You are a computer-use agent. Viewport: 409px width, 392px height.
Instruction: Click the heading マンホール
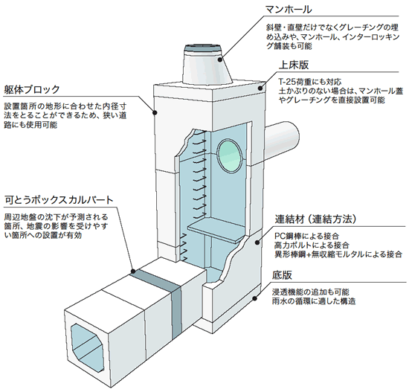click(x=288, y=10)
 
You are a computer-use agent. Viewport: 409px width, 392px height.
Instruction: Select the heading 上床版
click(x=294, y=65)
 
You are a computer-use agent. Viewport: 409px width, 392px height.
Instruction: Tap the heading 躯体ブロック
click(x=32, y=90)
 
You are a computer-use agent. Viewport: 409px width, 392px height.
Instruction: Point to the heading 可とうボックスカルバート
click(x=59, y=200)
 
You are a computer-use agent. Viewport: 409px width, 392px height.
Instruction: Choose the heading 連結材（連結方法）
click(x=315, y=219)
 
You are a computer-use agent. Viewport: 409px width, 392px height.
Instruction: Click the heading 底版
click(x=282, y=275)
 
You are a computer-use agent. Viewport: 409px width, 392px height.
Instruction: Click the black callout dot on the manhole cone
click(x=220, y=60)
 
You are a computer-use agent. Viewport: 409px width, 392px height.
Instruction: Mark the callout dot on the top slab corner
click(x=260, y=88)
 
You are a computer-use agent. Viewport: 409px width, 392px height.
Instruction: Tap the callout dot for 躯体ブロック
click(x=155, y=112)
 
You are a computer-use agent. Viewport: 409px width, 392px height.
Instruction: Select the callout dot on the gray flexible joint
click(x=133, y=271)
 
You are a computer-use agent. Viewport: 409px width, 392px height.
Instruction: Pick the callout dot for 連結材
click(x=257, y=242)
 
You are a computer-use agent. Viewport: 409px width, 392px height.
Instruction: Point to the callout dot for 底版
click(x=254, y=298)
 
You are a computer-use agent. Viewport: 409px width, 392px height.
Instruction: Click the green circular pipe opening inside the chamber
click(x=229, y=156)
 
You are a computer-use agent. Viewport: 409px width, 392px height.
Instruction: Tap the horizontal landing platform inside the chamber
click(x=216, y=232)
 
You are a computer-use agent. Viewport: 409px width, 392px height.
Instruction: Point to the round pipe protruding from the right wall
click(x=283, y=141)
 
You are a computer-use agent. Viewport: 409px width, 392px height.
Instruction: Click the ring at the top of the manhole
click(x=203, y=49)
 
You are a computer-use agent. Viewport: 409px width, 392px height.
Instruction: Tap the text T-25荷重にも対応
click(x=310, y=82)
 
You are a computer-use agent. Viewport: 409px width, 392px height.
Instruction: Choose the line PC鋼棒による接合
click(x=306, y=237)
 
